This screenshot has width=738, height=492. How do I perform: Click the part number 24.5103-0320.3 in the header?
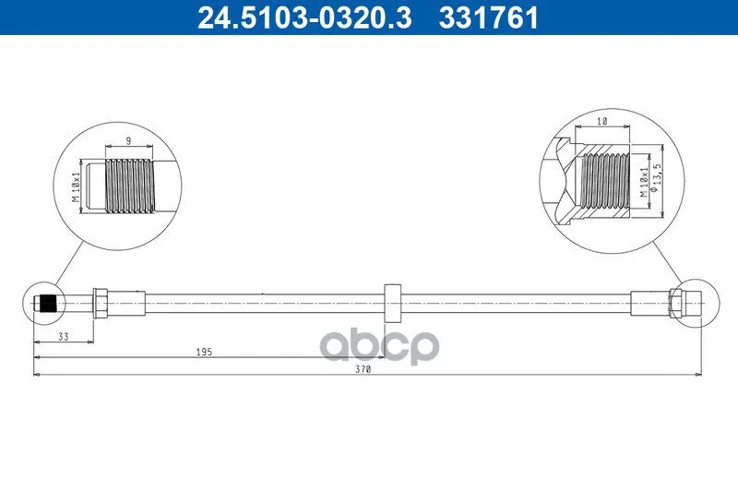(304, 18)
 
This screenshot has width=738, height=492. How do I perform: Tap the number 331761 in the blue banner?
(488, 18)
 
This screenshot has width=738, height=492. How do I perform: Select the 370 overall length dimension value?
(363, 369)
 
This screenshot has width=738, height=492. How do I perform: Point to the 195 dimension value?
(204, 353)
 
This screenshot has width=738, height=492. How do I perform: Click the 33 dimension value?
(63, 337)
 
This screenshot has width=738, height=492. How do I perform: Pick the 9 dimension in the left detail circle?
(128, 140)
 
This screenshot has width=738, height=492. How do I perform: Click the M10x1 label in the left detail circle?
(76, 186)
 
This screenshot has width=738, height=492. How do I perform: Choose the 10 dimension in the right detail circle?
(602, 121)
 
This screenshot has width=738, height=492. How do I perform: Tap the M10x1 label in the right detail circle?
(643, 181)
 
